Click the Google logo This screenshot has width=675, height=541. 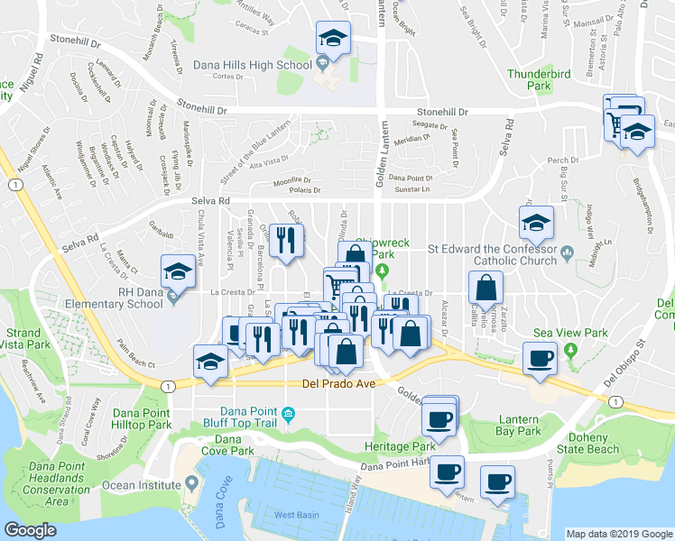[x=30, y=530]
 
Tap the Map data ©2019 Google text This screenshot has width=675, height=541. [x=618, y=534]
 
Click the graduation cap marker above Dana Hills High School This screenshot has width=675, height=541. [x=332, y=40]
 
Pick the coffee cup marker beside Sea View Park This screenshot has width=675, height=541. [x=541, y=358]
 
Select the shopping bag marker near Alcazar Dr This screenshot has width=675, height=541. [x=486, y=289]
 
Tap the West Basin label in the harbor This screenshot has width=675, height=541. [x=295, y=516]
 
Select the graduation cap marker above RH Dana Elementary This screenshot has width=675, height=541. [x=178, y=271]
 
